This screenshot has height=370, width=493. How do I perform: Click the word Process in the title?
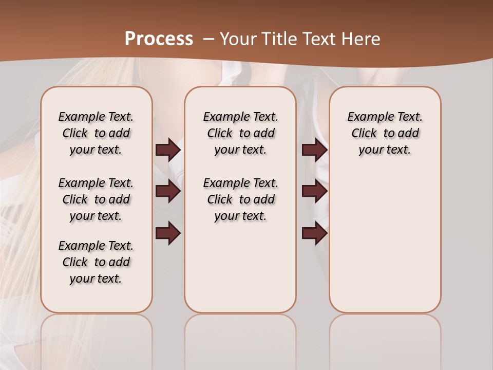[x=159, y=39]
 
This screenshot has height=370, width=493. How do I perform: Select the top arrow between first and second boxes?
[x=168, y=150]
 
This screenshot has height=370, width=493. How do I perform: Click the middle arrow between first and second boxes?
[x=168, y=191]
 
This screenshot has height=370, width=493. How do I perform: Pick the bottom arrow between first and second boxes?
[x=168, y=234]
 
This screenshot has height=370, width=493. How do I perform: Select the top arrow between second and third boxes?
[x=314, y=150]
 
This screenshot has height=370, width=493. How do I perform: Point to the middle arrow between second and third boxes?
[x=314, y=191]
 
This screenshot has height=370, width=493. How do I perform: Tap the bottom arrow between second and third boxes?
[x=314, y=234]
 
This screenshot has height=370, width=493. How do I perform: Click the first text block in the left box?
[x=96, y=133]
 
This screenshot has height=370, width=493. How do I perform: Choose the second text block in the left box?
[x=96, y=199]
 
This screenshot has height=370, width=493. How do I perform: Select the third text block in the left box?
[x=96, y=262]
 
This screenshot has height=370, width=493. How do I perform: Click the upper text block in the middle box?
[x=240, y=133]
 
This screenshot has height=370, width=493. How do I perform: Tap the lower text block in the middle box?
[x=240, y=199]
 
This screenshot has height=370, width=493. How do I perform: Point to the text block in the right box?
[x=385, y=133]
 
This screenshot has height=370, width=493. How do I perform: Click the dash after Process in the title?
[x=207, y=39]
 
